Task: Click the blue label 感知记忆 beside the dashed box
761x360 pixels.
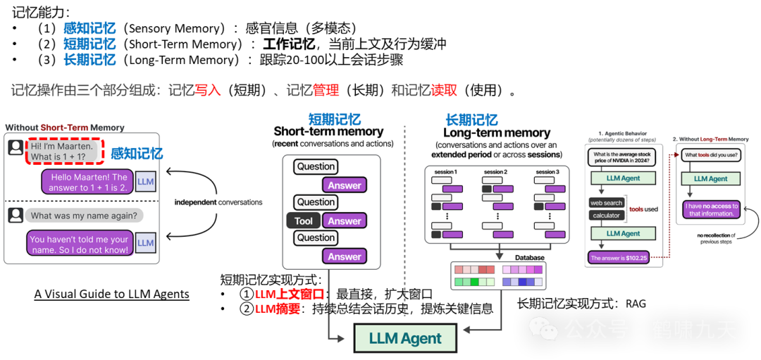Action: [x=137, y=154]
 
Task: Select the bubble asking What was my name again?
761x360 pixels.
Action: [x=84, y=216]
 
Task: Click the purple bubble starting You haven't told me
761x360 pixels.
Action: [x=79, y=244]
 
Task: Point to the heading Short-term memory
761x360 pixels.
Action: [x=328, y=132]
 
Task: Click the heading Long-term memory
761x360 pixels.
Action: [x=496, y=133]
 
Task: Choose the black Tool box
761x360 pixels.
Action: [x=304, y=221]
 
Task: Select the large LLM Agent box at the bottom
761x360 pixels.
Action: [x=405, y=339]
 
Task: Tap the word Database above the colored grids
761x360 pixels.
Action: [x=529, y=258]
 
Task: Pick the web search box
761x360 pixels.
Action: [x=606, y=203]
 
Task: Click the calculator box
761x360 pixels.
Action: [x=606, y=216]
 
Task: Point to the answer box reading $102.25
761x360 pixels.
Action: [x=617, y=258]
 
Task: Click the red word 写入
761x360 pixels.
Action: [x=208, y=90]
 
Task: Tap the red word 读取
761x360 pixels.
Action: [x=444, y=90]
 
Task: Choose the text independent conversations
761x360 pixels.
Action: [x=218, y=202]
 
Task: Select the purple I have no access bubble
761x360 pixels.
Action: [x=712, y=210]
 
